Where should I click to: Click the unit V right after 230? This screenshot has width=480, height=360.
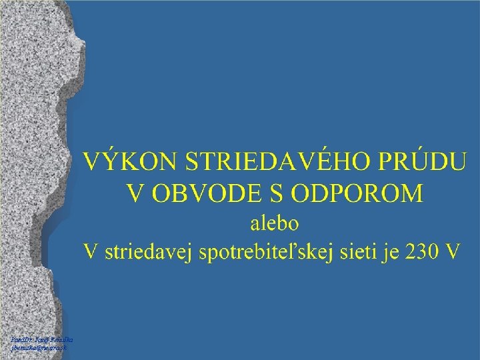(x=453, y=252)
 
